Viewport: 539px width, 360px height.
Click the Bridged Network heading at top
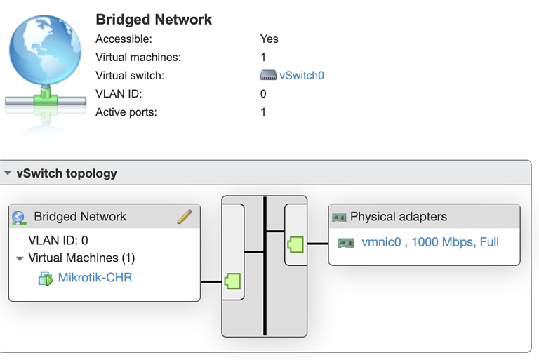click(x=154, y=20)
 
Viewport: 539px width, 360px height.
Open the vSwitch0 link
click(x=302, y=76)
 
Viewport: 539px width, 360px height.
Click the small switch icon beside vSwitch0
click(x=268, y=76)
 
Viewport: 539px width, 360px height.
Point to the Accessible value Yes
click(x=269, y=39)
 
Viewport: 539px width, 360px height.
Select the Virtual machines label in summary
click(x=138, y=58)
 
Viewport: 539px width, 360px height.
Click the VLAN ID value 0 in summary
click(x=263, y=94)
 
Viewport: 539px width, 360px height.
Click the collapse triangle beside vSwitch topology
click(x=8, y=173)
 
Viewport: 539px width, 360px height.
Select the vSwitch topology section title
click(x=67, y=173)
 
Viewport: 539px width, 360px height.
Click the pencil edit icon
click(x=185, y=217)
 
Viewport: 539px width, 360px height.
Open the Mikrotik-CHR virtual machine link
click(x=95, y=278)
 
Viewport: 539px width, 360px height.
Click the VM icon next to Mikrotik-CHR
click(x=46, y=279)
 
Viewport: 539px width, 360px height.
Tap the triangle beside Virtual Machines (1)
click(x=20, y=258)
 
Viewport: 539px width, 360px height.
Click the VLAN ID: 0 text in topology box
click(x=58, y=241)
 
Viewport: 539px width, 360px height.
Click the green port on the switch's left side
click(x=232, y=281)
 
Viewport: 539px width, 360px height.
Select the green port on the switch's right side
click(x=295, y=244)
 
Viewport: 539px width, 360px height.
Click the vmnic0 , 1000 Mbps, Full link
click(x=430, y=242)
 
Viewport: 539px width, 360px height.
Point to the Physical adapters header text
click(x=399, y=217)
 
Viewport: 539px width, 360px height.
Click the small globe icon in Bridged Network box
click(x=20, y=218)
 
